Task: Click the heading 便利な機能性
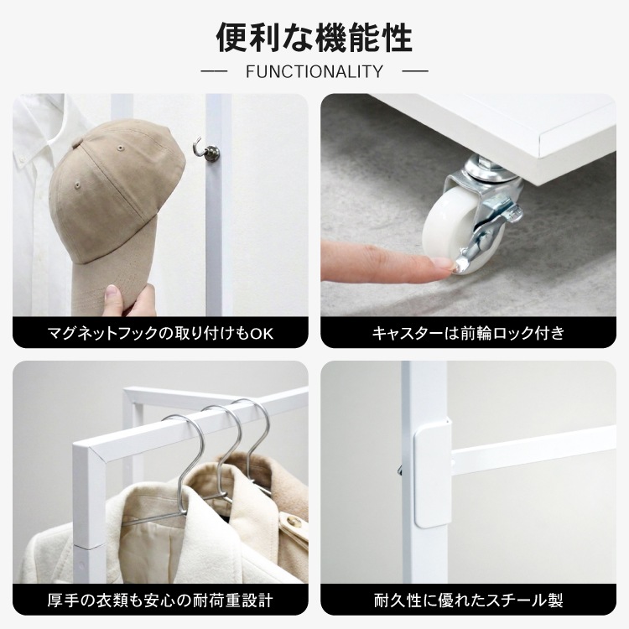pyautogui.click(x=314, y=38)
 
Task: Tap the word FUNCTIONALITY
pyautogui.click(x=314, y=71)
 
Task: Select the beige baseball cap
pyautogui.click(x=117, y=209)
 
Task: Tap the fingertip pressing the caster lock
pyautogui.click(x=445, y=267)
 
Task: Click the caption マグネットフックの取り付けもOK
pyautogui.click(x=160, y=333)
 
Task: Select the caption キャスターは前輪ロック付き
pyautogui.click(x=468, y=333)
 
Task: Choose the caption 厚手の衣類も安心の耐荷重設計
pyautogui.click(x=160, y=600)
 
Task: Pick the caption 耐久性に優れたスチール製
pyautogui.click(x=468, y=600)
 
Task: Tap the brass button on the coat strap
pyautogui.click(x=295, y=522)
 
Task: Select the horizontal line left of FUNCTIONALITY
pyautogui.click(x=214, y=72)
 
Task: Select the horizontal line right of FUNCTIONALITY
pyautogui.click(x=415, y=72)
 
